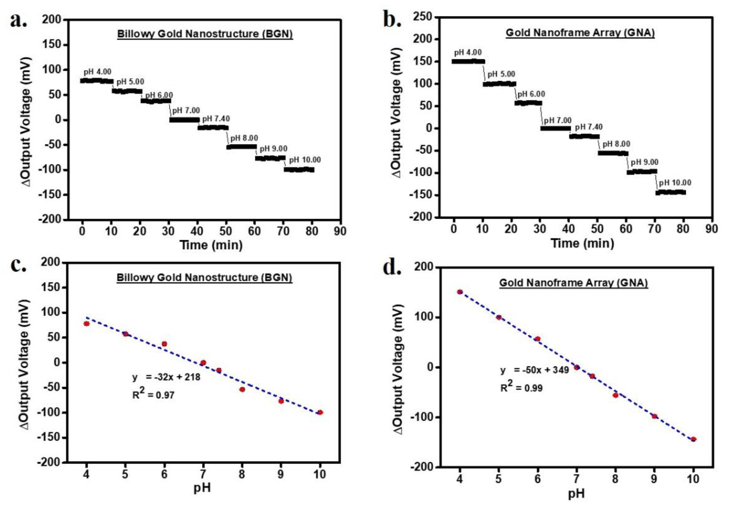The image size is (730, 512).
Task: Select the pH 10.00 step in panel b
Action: pos(670,192)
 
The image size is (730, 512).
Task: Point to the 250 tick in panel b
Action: pos(423,17)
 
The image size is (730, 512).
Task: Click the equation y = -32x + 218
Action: pos(166,377)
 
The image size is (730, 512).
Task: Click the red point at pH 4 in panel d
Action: pos(460,292)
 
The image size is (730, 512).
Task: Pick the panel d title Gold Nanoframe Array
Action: pos(573,283)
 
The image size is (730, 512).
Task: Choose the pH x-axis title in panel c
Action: pos(202,488)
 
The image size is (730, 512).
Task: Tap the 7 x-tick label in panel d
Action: pos(576,478)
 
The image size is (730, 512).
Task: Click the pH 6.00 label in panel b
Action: pos(531,94)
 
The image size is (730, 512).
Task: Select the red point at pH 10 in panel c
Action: pos(320,412)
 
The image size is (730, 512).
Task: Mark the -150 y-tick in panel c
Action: pos(50,438)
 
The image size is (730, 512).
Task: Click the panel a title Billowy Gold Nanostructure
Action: pos(205,34)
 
